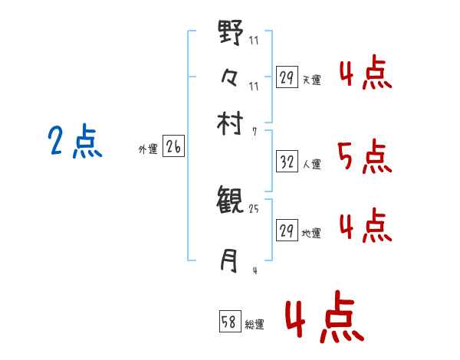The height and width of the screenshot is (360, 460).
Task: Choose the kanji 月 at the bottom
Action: click(x=229, y=261)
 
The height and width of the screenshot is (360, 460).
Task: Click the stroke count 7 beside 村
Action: click(x=254, y=132)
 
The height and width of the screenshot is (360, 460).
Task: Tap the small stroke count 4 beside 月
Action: click(x=254, y=270)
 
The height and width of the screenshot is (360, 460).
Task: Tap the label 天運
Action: click(x=311, y=80)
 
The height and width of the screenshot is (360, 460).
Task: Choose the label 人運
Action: click(x=311, y=164)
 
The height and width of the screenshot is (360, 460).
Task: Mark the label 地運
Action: click(x=311, y=233)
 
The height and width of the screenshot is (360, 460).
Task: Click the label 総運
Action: click(x=255, y=324)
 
